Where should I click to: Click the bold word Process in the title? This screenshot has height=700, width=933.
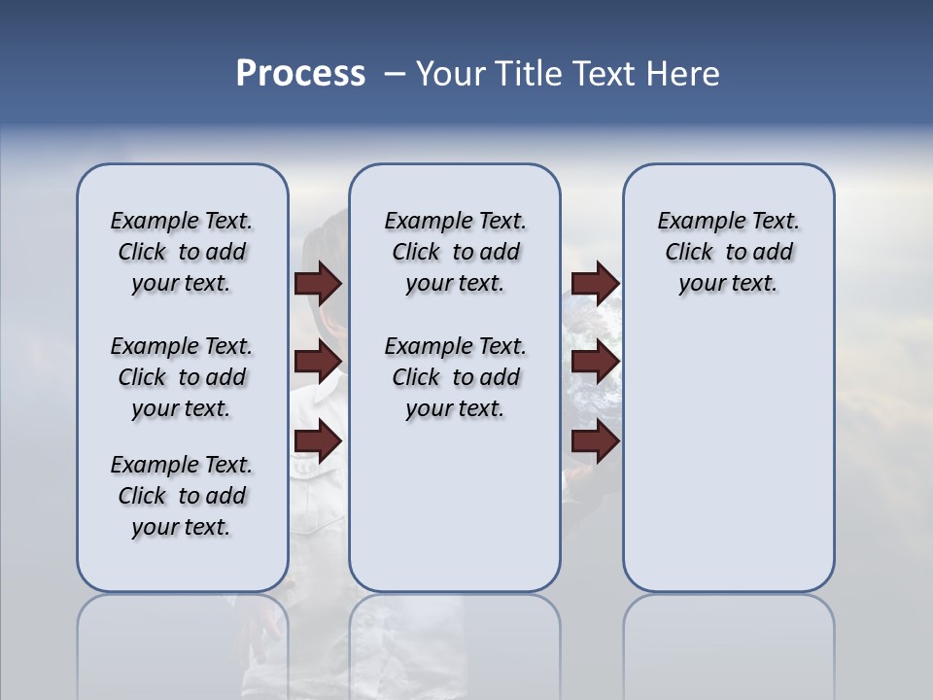coord(300,74)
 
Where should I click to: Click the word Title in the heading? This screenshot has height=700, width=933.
coord(530,74)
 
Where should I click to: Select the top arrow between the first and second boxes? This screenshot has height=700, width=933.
coord(318,283)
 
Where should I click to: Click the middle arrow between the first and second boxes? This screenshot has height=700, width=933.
coord(318,363)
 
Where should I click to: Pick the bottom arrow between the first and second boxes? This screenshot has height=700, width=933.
coord(318,441)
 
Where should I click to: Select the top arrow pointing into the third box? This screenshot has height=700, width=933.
coord(595,283)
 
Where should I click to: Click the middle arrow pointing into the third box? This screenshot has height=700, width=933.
coord(595,363)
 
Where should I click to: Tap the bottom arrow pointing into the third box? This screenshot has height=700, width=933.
coord(595,441)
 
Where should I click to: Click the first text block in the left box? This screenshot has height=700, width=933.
coord(182,252)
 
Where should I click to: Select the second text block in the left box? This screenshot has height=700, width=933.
coord(182,377)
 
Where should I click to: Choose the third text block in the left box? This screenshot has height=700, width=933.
coord(182,496)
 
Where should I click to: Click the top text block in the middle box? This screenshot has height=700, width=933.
coord(456,252)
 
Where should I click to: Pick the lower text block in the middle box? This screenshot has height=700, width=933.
coord(456,377)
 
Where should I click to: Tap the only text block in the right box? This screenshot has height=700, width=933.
coord(729,252)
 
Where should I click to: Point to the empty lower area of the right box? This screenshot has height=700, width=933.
coord(729,457)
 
